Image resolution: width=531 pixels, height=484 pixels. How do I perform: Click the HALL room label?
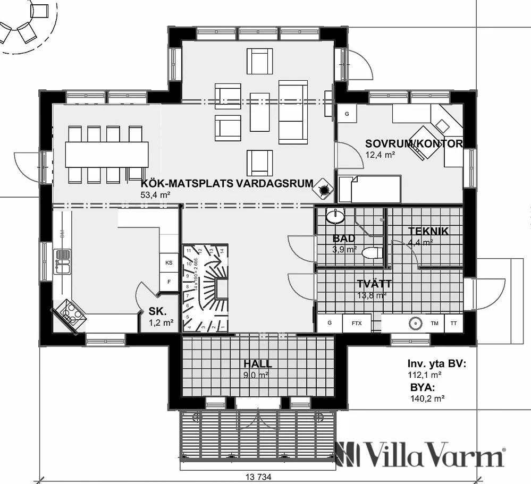pos(258,364)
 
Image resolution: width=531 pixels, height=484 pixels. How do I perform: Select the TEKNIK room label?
pos(428,231)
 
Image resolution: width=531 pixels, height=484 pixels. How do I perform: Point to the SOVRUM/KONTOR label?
pos(414,143)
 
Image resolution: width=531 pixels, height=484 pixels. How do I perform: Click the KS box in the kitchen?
pos(169,262)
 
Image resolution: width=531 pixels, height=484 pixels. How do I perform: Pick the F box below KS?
pos(169,282)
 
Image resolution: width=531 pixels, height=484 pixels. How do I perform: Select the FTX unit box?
pos(356,323)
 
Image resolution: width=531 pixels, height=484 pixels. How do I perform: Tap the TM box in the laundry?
pos(434,323)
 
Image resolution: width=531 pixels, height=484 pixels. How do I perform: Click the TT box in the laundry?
pos(453,323)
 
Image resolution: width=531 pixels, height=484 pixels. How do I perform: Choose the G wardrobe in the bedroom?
pos(347,114)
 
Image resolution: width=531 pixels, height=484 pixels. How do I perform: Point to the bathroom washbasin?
pos(335,216)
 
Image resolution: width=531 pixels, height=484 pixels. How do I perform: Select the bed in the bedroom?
pos(369,189)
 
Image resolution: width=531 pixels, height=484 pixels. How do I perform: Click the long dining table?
pos(107,155)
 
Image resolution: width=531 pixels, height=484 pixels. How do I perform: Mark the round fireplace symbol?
pos(323,189)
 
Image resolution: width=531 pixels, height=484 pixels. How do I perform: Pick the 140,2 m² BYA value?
pos(427,398)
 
